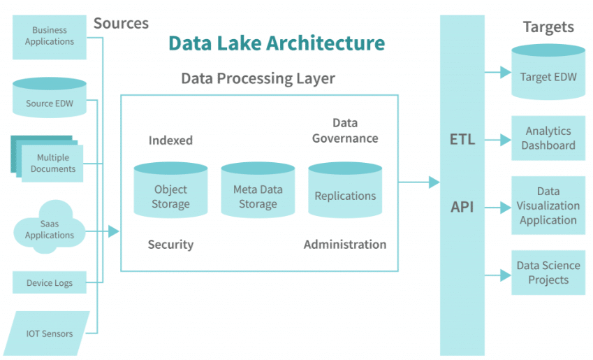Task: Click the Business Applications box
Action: pyautogui.click(x=50, y=37)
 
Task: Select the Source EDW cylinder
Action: pyautogui.click(x=50, y=98)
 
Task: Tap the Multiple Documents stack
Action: pyautogui.click(x=47, y=159)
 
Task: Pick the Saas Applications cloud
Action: pyautogui.click(x=50, y=227)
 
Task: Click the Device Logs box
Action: pyautogui.click(x=50, y=282)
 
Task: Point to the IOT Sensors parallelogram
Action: pyautogui.click(x=47, y=333)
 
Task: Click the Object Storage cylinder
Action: pyautogui.click(x=170, y=190)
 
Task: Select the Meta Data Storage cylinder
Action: pyautogui.click(x=258, y=190)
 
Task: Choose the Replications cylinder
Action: pyautogui.click(x=345, y=190)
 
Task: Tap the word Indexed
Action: pyautogui.click(x=170, y=141)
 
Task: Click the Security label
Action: pyautogui.click(x=170, y=245)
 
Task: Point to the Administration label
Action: pyautogui.click(x=345, y=245)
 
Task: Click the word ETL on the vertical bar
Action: pyautogui.click(x=462, y=140)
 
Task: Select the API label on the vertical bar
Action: pyautogui.click(x=462, y=207)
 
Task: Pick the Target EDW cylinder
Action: pyautogui.click(x=548, y=72)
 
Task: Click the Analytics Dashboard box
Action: pyautogui.click(x=548, y=138)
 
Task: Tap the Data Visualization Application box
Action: pyautogui.click(x=548, y=206)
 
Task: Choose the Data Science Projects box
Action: pyautogui.click(x=548, y=273)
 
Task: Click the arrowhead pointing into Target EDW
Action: pyautogui.click(x=506, y=72)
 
